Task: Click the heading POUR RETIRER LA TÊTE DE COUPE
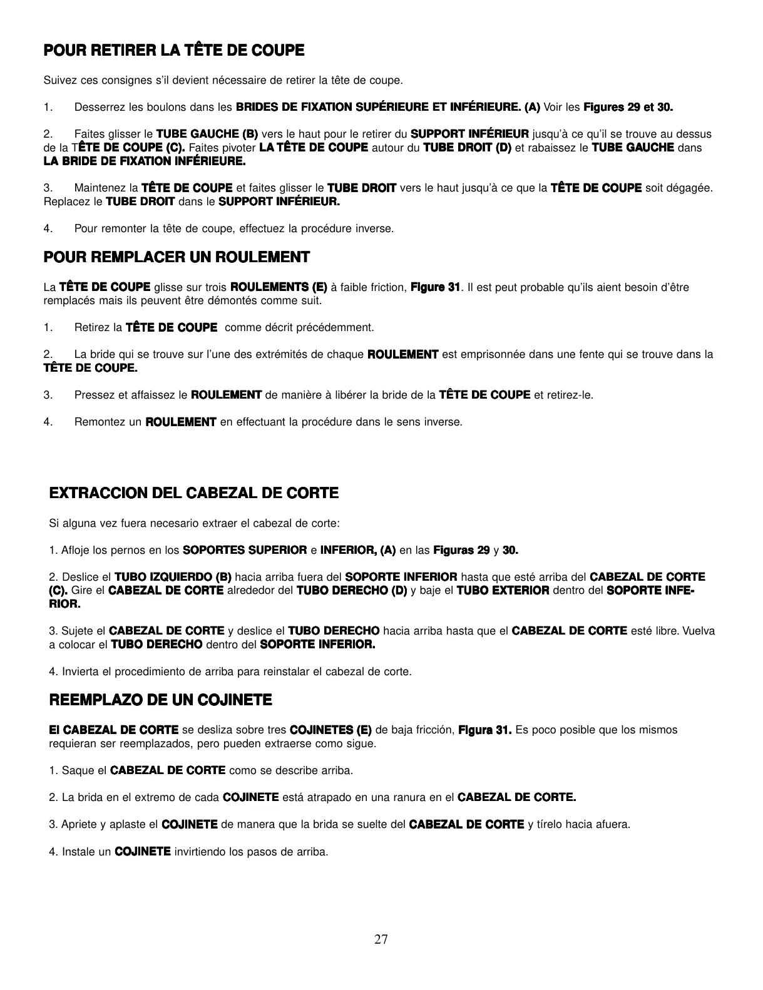point(173,51)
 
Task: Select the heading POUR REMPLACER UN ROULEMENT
point(177,257)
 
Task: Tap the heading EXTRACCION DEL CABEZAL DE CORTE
point(194,493)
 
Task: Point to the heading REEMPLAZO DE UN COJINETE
point(160,700)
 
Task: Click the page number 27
point(381,939)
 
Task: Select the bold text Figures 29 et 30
point(628,108)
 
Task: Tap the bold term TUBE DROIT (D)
point(467,148)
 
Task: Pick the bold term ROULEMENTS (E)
point(279,287)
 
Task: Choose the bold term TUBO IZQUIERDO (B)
point(173,577)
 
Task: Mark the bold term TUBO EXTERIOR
point(503,591)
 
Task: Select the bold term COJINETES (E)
point(331,730)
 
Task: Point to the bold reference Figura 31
point(485,730)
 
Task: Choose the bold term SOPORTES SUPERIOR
point(245,551)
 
